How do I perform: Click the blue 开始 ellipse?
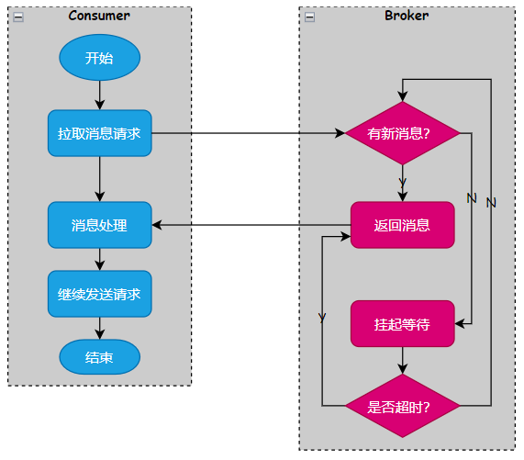click(x=100, y=58)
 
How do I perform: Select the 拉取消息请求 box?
click(x=100, y=133)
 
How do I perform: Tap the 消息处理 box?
click(x=100, y=225)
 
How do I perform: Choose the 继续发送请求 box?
click(x=100, y=294)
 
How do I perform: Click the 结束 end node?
click(x=100, y=357)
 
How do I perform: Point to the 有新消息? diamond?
click(x=402, y=133)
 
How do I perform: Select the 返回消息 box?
click(x=402, y=225)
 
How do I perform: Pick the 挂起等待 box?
click(x=402, y=323)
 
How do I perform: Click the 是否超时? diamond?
click(x=402, y=406)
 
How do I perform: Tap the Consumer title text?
click(x=99, y=16)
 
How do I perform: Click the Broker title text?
click(x=407, y=16)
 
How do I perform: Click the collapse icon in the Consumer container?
click(x=18, y=17)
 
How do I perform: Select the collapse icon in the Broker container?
click(x=310, y=17)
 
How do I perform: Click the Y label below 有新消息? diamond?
click(x=402, y=183)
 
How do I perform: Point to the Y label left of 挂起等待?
click(x=322, y=318)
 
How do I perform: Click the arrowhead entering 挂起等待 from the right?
click(x=459, y=323)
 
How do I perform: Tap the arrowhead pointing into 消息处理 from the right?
click(x=157, y=225)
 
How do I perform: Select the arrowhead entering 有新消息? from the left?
click(x=340, y=133)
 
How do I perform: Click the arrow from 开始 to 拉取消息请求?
click(x=100, y=95)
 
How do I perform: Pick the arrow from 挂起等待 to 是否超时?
click(x=402, y=360)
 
